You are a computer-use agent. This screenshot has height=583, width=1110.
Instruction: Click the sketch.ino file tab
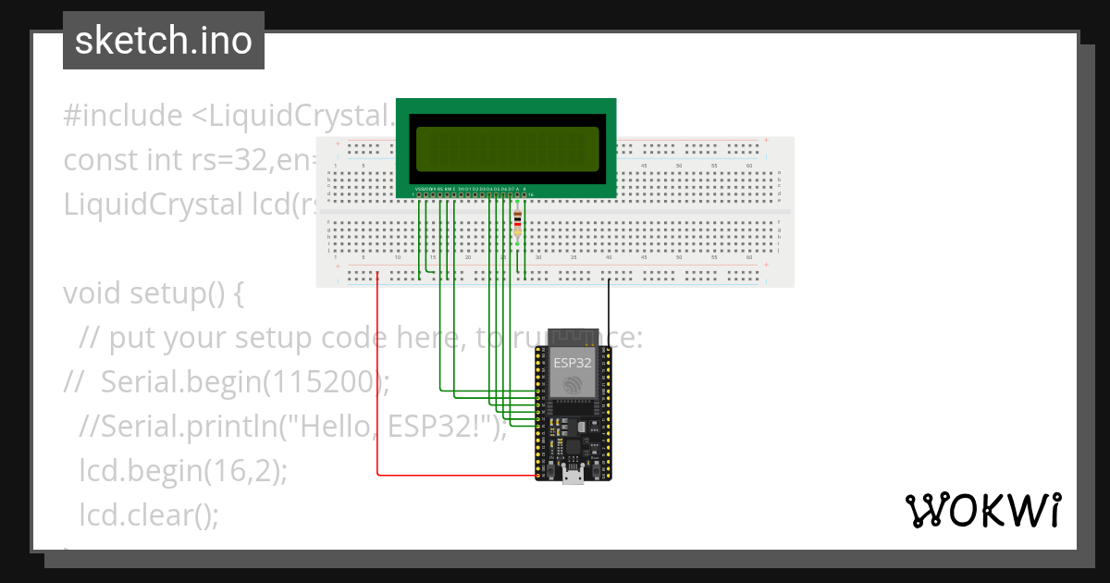pos(163,41)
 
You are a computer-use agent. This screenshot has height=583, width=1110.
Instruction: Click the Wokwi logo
pos(982,510)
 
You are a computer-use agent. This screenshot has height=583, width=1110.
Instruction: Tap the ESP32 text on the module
pos(573,363)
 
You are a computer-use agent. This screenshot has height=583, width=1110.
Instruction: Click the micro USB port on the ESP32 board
pos(573,477)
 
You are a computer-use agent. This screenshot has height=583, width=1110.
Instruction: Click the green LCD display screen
pos(506,148)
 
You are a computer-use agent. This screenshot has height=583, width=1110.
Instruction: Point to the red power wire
pos(378,389)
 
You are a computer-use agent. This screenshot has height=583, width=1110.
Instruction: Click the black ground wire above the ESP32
pos(609,310)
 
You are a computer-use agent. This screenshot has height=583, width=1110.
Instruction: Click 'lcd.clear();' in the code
pos(149,515)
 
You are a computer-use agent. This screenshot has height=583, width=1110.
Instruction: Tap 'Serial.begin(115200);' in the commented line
pos(245,381)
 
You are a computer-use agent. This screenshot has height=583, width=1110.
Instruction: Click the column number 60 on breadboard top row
pos(749,165)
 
